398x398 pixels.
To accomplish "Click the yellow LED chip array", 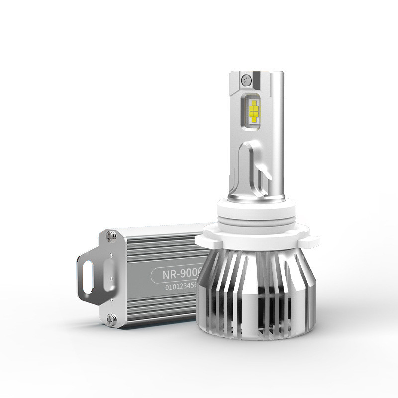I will [254, 110].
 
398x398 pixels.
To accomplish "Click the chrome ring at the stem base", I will [254, 199].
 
